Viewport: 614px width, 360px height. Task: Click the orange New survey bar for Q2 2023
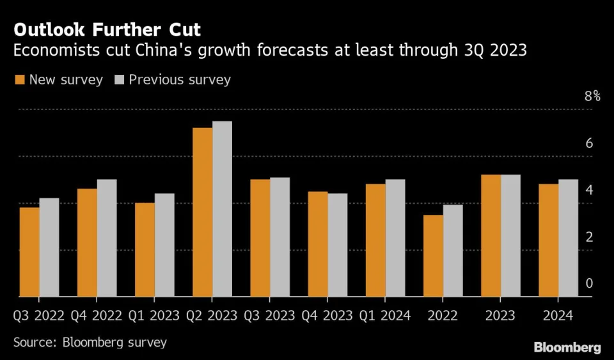pyautogui.click(x=202, y=212)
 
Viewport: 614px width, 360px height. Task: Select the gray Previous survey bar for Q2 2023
pyautogui.click(x=222, y=209)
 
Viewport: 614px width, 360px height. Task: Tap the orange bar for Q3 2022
pyautogui.click(x=29, y=252)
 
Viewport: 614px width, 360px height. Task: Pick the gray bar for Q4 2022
pyautogui.click(x=107, y=238)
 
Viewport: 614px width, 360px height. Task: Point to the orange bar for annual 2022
pyautogui.click(x=433, y=256)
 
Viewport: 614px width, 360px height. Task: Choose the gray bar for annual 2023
pyautogui.click(x=510, y=235)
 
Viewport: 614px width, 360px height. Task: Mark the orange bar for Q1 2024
pyautogui.click(x=375, y=240)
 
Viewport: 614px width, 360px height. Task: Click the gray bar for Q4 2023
pyautogui.click(x=337, y=245)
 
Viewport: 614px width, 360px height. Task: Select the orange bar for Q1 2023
pyautogui.click(x=145, y=249)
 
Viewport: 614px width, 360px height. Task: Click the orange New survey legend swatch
pyautogui.click(x=19, y=80)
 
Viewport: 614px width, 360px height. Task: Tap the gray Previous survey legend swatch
pyautogui.click(x=119, y=80)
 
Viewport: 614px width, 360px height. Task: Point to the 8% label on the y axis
pyautogui.click(x=592, y=97)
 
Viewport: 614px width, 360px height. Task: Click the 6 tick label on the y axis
pyautogui.click(x=589, y=143)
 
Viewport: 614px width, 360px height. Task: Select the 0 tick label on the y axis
pyautogui.click(x=589, y=283)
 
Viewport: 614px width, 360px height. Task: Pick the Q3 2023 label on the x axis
pyautogui.click(x=269, y=316)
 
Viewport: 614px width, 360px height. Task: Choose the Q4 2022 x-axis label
pyautogui.click(x=97, y=316)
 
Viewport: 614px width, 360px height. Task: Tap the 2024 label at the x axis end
pyautogui.click(x=558, y=316)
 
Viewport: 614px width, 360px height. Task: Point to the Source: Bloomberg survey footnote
pyautogui.click(x=90, y=342)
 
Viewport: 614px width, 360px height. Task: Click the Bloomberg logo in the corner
pyautogui.click(x=567, y=347)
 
